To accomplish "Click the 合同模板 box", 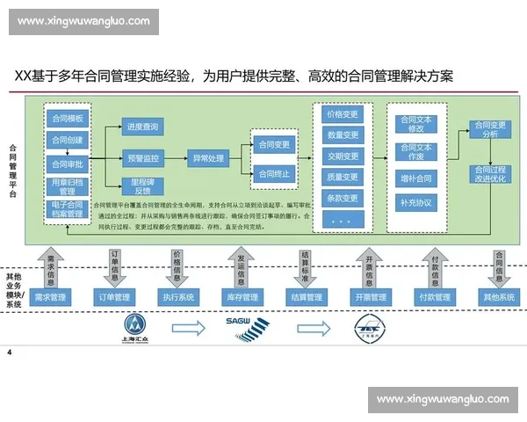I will [68, 119].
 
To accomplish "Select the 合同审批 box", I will [68, 163].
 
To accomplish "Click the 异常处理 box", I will [208, 159].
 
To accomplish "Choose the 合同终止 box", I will [274, 173].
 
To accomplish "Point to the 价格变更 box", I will [343, 114].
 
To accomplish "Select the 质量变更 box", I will [343, 178].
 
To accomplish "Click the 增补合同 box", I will [416, 178].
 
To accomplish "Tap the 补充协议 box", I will [416, 204].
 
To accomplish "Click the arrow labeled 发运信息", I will [241, 265].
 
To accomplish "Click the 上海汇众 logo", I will [141, 327].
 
